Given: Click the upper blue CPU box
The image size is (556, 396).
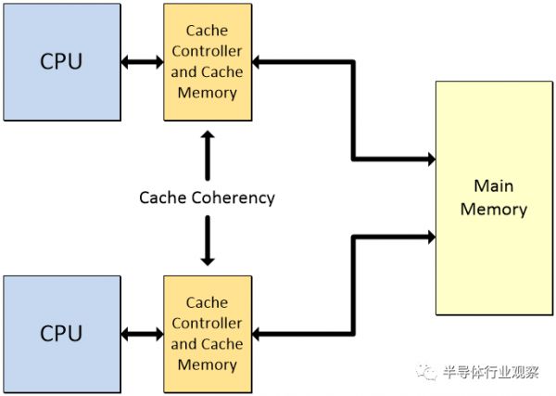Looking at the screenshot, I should tap(61, 62).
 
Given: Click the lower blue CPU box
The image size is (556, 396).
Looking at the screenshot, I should tap(61, 333).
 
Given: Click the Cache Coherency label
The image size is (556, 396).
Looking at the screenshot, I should tap(207, 198).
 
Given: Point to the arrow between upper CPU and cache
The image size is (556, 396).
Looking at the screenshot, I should tap(142, 62).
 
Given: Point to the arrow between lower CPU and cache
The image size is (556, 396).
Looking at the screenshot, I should tap(142, 333).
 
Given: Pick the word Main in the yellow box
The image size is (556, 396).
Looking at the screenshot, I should tap(493, 185).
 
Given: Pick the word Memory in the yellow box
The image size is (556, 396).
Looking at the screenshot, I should tap(493, 209).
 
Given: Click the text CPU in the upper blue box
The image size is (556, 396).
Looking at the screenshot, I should tap(61, 62).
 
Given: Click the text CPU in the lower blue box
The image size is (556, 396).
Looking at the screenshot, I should tap(61, 333).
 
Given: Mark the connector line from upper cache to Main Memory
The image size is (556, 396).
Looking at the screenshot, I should tap(353, 111).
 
